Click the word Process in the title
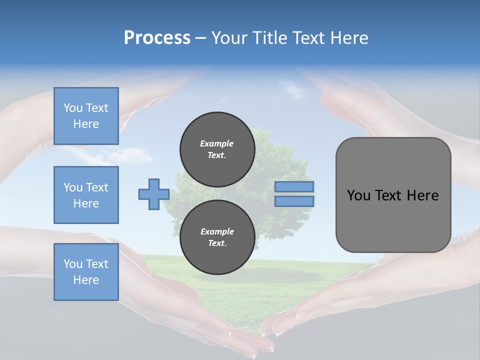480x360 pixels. tap(157, 37)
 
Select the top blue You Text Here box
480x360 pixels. tap(86, 116)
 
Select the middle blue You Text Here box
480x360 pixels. tap(86, 195)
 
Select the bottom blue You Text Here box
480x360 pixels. tap(86, 271)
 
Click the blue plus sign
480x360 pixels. tap(154, 194)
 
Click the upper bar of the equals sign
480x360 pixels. tap(294, 186)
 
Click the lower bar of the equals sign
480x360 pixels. tap(294, 201)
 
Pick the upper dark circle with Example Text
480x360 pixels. tap(217, 149)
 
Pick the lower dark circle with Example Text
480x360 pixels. tap(217, 237)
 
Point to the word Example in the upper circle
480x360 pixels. tap(216, 143)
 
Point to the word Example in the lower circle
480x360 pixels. tap(216, 231)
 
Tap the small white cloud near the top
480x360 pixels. tap(294, 90)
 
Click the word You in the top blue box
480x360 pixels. tap(72, 108)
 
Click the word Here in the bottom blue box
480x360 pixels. tap(86, 280)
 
